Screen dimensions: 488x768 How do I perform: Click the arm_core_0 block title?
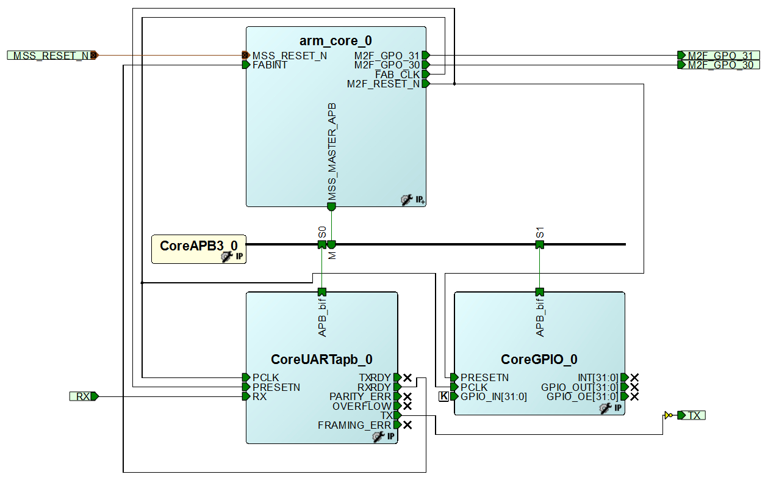tap(335, 41)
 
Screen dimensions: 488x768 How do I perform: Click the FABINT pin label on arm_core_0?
tap(270, 65)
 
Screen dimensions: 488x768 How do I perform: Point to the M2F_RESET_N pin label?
tap(383, 84)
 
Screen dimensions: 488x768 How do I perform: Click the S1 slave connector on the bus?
tap(540, 244)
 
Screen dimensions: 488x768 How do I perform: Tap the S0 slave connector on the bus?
tap(321, 244)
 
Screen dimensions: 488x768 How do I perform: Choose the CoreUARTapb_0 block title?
tap(321, 359)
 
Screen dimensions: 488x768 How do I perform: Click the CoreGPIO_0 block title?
tap(539, 359)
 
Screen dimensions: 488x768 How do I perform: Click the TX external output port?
tap(693, 415)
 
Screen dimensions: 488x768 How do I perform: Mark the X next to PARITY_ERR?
tap(407, 397)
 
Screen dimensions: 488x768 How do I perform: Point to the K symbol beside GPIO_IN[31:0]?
tap(443, 397)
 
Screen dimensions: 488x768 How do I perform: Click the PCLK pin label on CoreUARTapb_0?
tap(265, 377)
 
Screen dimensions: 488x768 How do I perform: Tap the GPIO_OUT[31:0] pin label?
tap(580, 387)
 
